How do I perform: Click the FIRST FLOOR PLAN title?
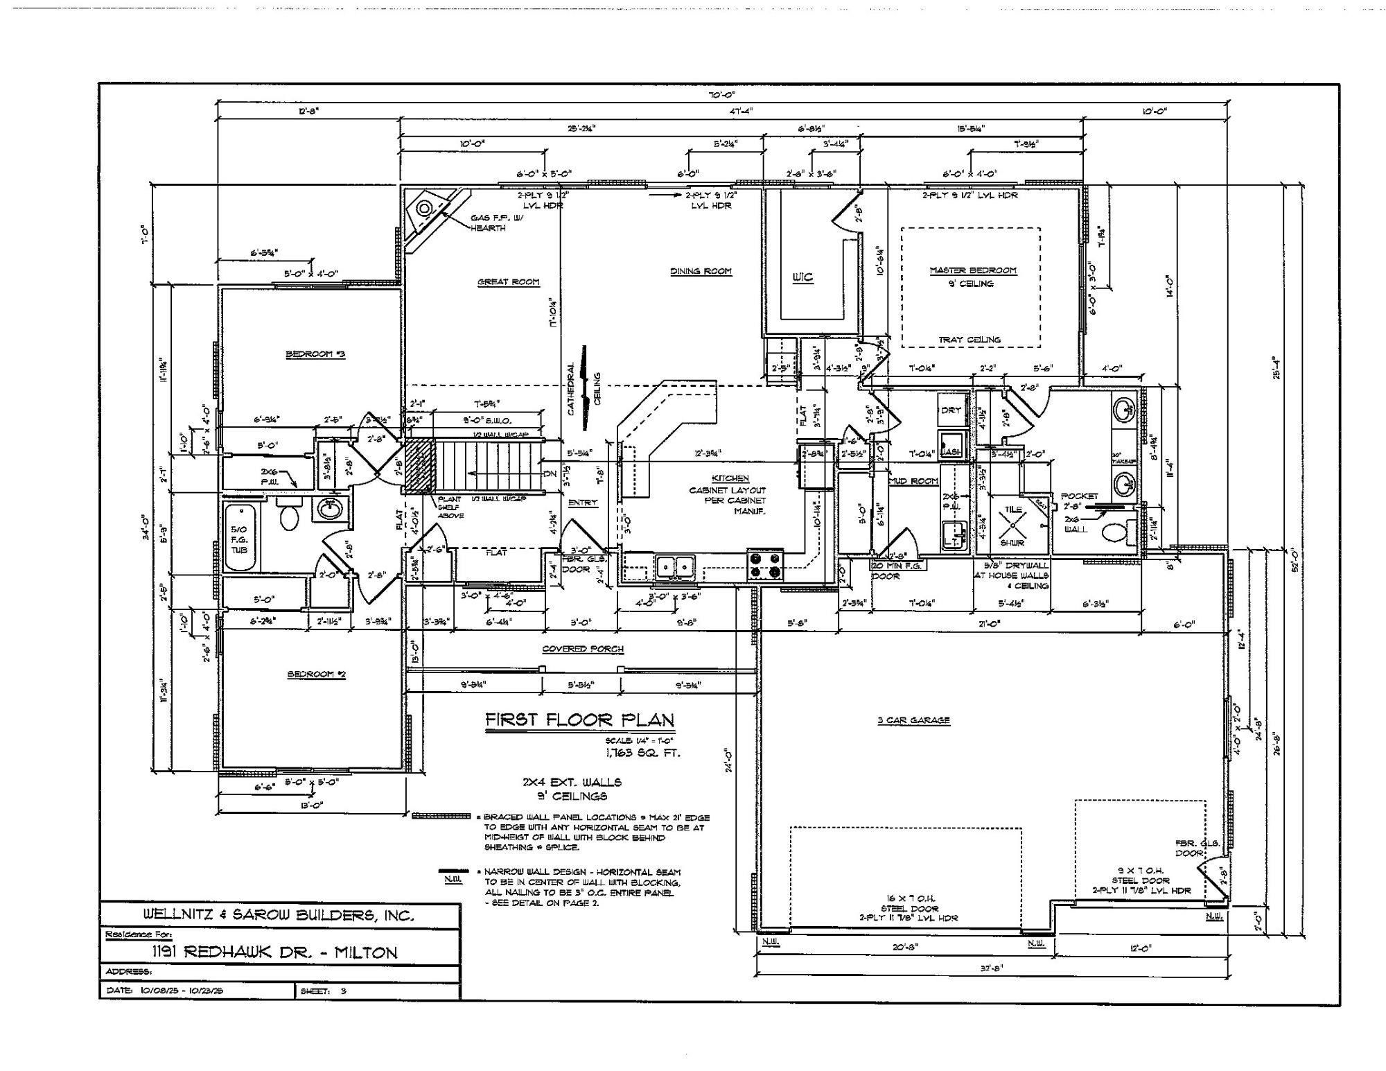coord(579,720)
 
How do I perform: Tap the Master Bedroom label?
coord(972,270)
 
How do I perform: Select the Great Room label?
coord(508,281)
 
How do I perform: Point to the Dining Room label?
coord(701,271)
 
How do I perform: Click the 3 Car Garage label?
coord(913,720)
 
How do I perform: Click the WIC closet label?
coord(802,277)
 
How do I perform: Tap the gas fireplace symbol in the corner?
coord(423,208)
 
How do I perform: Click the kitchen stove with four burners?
coord(765,564)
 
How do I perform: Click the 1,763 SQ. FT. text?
coord(643,753)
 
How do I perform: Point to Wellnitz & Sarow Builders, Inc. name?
coord(279,915)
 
